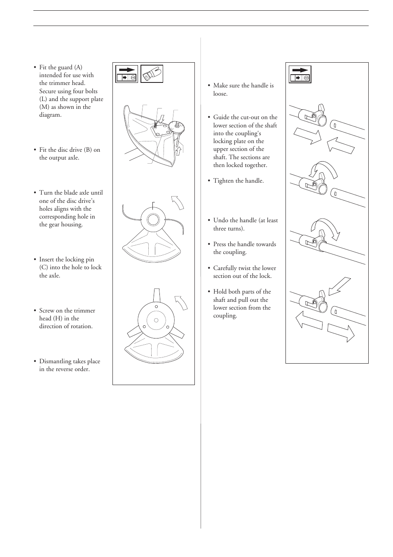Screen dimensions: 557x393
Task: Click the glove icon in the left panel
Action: [x=152, y=74]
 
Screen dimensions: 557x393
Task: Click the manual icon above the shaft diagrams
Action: [x=299, y=74]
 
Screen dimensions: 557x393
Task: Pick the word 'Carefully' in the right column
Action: [x=225, y=268]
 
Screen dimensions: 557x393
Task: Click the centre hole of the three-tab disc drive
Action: [x=156, y=320]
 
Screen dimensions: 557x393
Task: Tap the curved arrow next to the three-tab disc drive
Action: [x=182, y=302]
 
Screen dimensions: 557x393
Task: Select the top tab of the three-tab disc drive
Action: [x=156, y=295]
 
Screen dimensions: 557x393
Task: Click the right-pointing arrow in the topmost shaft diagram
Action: [x=307, y=136]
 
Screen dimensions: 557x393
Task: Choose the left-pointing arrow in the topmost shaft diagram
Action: [x=341, y=145]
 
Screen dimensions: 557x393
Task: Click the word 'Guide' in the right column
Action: [x=221, y=118]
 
